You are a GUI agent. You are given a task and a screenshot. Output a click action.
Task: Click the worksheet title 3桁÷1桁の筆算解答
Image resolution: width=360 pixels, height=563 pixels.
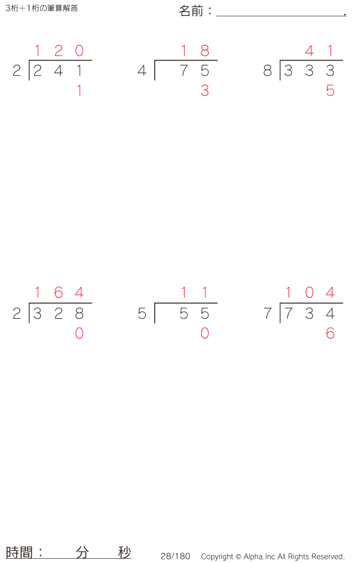(x=41, y=8)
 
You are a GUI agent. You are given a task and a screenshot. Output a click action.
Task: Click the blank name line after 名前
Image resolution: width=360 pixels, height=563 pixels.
(x=280, y=12)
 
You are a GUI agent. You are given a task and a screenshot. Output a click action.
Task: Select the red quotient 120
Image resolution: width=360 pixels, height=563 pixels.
(x=58, y=51)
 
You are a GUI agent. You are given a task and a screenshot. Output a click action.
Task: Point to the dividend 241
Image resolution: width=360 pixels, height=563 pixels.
(x=58, y=71)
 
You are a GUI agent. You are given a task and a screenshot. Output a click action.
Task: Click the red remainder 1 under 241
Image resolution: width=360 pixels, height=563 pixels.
(x=79, y=91)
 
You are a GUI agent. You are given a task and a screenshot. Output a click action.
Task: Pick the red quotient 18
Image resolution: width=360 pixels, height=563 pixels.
(x=194, y=51)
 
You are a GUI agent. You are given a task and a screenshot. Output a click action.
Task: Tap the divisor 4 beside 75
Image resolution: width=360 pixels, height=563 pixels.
(x=142, y=71)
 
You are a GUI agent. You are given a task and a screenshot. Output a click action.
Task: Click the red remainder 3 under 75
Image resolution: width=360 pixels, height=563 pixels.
(x=205, y=91)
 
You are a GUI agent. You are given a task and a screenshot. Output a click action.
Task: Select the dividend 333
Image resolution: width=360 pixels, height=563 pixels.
(x=309, y=71)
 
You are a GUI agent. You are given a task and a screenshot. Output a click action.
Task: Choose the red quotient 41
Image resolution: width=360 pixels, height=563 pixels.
(x=320, y=51)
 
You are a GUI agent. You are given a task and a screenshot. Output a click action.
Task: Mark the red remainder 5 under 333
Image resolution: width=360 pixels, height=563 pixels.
(x=330, y=91)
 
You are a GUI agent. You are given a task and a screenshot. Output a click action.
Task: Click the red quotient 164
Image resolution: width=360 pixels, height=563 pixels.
(x=58, y=293)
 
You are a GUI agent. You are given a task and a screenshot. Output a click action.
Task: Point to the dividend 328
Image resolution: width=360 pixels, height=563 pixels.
(x=58, y=313)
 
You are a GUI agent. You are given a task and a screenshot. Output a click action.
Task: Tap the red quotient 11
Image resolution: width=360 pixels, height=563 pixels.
(x=194, y=293)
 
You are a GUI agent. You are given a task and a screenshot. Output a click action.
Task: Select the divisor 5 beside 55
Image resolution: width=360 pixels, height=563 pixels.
(x=142, y=313)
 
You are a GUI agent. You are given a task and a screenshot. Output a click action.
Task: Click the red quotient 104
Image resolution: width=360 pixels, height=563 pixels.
(x=309, y=293)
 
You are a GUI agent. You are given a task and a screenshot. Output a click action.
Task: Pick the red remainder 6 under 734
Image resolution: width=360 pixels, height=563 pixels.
(x=330, y=334)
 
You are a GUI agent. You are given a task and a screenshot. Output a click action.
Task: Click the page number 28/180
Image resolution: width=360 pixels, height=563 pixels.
(x=175, y=556)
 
